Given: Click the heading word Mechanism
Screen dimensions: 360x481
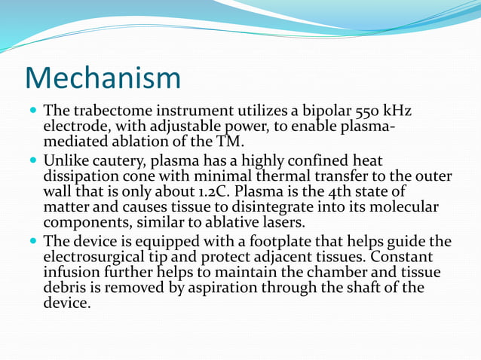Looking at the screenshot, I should [x=103, y=78].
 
